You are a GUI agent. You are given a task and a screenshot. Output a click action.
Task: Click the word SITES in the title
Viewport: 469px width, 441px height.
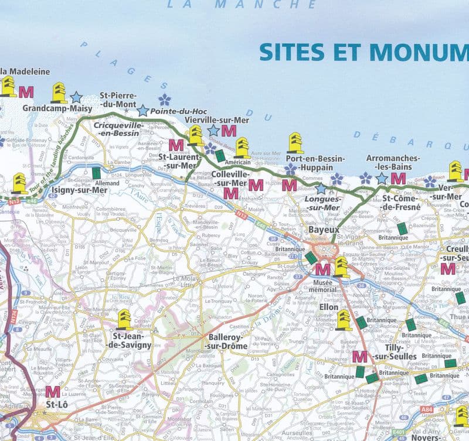(x=293, y=52)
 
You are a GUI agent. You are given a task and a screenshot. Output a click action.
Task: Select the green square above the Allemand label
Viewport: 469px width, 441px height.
(x=96, y=173)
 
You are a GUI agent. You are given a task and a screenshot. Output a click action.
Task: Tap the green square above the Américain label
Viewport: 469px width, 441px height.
(x=220, y=156)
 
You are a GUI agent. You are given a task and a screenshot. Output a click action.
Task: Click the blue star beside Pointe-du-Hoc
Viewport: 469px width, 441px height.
(x=143, y=110)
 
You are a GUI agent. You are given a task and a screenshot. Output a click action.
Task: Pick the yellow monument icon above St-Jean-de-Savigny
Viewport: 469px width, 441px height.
(x=124, y=319)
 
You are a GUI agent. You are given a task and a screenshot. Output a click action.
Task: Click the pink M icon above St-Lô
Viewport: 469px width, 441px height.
(x=53, y=391)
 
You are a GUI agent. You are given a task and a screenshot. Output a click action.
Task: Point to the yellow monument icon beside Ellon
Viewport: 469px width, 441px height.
(x=344, y=320)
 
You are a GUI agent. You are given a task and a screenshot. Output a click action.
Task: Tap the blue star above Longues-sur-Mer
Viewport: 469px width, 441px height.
(x=321, y=189)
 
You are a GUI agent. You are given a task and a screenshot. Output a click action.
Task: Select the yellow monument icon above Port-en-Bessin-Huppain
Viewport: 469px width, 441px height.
(x=295, y=142)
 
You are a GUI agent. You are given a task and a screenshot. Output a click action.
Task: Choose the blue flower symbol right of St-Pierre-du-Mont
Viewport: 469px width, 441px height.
(x=165, y=100)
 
